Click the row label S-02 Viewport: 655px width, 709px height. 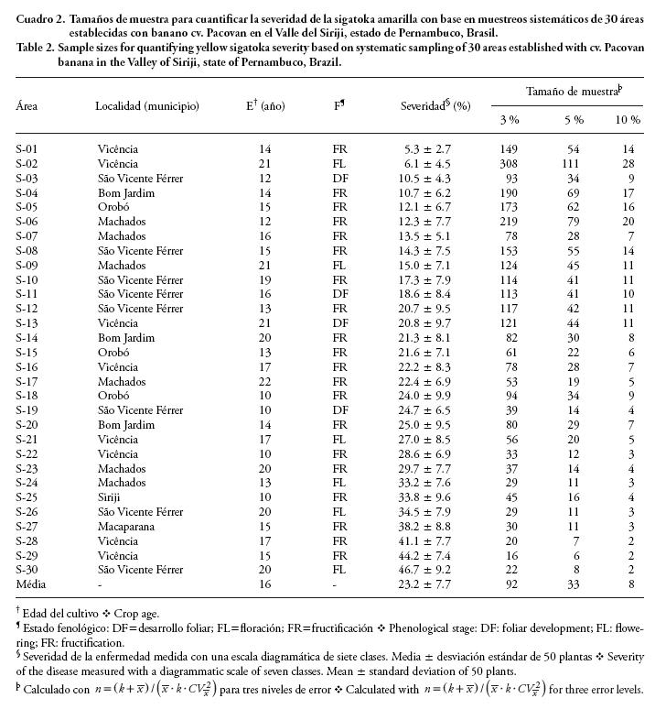(28, 162)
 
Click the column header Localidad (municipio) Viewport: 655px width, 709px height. (147, 105)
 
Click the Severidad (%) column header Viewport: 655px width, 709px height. (435, 105)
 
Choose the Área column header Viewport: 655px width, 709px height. (27, 105)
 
